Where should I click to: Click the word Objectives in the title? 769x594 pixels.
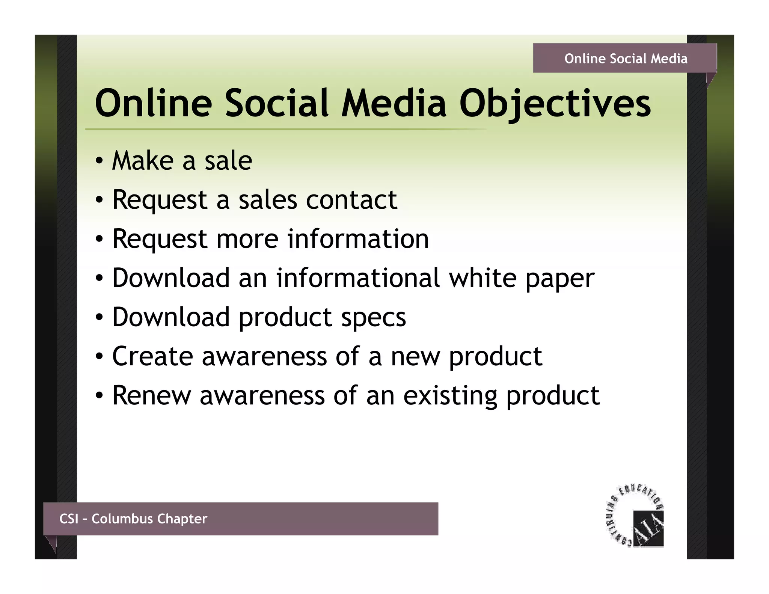(x=555, y=103)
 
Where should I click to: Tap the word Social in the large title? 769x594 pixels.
(x=277, y=103)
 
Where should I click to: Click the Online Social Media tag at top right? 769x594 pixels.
(x=626, y=59)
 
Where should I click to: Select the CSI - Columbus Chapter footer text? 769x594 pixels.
(x=133, y=519)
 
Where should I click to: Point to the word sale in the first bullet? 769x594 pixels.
(x=228, y=161)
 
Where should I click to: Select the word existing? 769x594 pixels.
(x=450, y=396)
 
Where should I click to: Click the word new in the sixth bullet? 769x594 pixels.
(x=415, y=357)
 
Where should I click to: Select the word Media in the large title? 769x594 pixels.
(x=394, y=103)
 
